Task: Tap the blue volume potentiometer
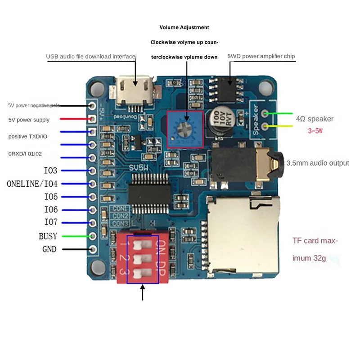[185, 129]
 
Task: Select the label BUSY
[48, 236]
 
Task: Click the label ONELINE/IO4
[38, 184]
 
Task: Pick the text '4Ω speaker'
[315, 119]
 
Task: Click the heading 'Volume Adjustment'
[184, 27]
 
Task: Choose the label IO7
[50, 222]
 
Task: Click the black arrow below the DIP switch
[143, 292]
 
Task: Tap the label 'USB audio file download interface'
[90, 56]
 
